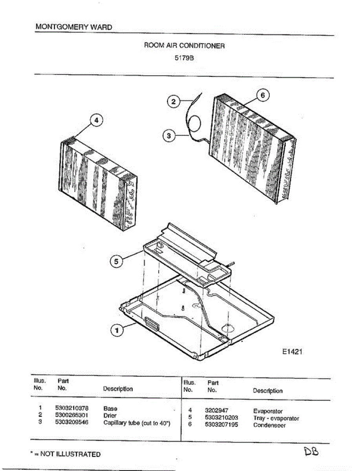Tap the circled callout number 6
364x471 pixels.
tap(263, 95)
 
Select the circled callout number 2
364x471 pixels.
tap(173, 102)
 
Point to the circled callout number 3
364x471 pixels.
tap(168, 136)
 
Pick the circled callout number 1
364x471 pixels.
tap(117, 331)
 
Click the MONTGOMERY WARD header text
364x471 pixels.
tap(73, 27)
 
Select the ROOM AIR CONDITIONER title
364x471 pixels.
tap(185, 46)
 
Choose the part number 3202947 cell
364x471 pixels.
tap(216, 411)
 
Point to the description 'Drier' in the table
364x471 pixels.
tap(110, 415)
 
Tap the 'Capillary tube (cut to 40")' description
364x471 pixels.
tap(137, 423)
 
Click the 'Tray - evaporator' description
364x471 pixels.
tap(276, 418)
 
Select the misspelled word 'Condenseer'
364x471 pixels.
tap(269, 425)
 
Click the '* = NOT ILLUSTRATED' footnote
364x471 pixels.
tap(66, 454)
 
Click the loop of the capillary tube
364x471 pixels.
tap(194, 125)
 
